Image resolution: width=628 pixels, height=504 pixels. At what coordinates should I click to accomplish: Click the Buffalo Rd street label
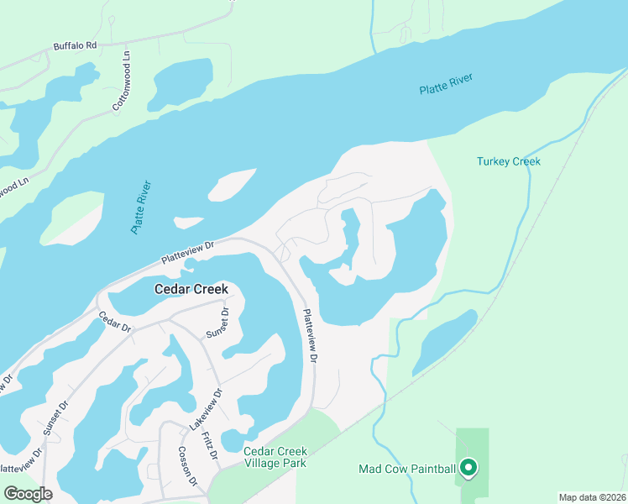pyautogui.click(x=76, y=45)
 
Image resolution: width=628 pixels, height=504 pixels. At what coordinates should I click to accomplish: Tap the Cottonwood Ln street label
pyautogui.click(x=121, y=81)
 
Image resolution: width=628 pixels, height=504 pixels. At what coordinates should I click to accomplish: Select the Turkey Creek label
pyautogui.click(x=509, y=161)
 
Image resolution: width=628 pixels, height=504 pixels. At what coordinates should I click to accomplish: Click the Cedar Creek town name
pyautogui.click(x=191, y=289)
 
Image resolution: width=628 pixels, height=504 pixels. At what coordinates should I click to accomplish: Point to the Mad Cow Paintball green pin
pyautogui.click(x=469, y=467)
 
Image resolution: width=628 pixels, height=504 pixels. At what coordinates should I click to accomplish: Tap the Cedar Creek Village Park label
pyautogui.click(x=275, y=457)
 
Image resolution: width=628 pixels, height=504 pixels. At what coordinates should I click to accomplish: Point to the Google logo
pyautogui.click(x=28, y=494)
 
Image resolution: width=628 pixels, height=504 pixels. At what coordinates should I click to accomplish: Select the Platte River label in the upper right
pyautogui.click(x=447, y=85)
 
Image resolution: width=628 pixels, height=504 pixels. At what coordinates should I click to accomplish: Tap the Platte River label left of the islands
pyautogui.click(x=140, y=207)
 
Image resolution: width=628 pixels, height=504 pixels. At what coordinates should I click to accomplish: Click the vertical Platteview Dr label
pyautogui.click(x=309, y=336)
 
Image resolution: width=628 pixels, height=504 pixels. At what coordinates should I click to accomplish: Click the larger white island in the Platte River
pyautogui.click(x=232, y=184)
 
